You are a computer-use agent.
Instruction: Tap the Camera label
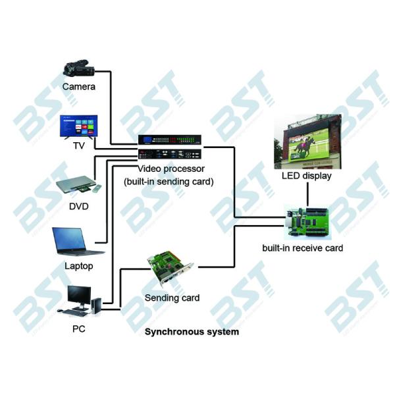(79, 86)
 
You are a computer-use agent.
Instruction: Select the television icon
(78, 126)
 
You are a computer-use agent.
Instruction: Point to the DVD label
(79, 207)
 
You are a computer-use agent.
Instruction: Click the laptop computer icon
(78, 242)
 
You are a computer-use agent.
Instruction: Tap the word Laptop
(79, 266)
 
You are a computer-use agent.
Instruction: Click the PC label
(78, 327)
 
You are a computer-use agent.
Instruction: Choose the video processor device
(169, 147)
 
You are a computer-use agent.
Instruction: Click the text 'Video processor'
(169, 169)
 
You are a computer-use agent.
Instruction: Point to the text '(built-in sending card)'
(169, 181)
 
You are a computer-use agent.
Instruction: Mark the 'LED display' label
(306, 176)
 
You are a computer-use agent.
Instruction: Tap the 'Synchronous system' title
(192, 332)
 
